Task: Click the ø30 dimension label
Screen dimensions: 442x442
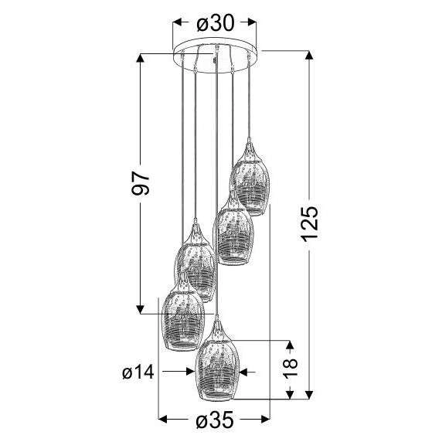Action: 217,24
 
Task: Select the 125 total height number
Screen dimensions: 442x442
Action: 309,225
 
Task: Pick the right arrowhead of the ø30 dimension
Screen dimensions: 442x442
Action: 258,24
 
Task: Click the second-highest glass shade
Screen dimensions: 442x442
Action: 234,231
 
